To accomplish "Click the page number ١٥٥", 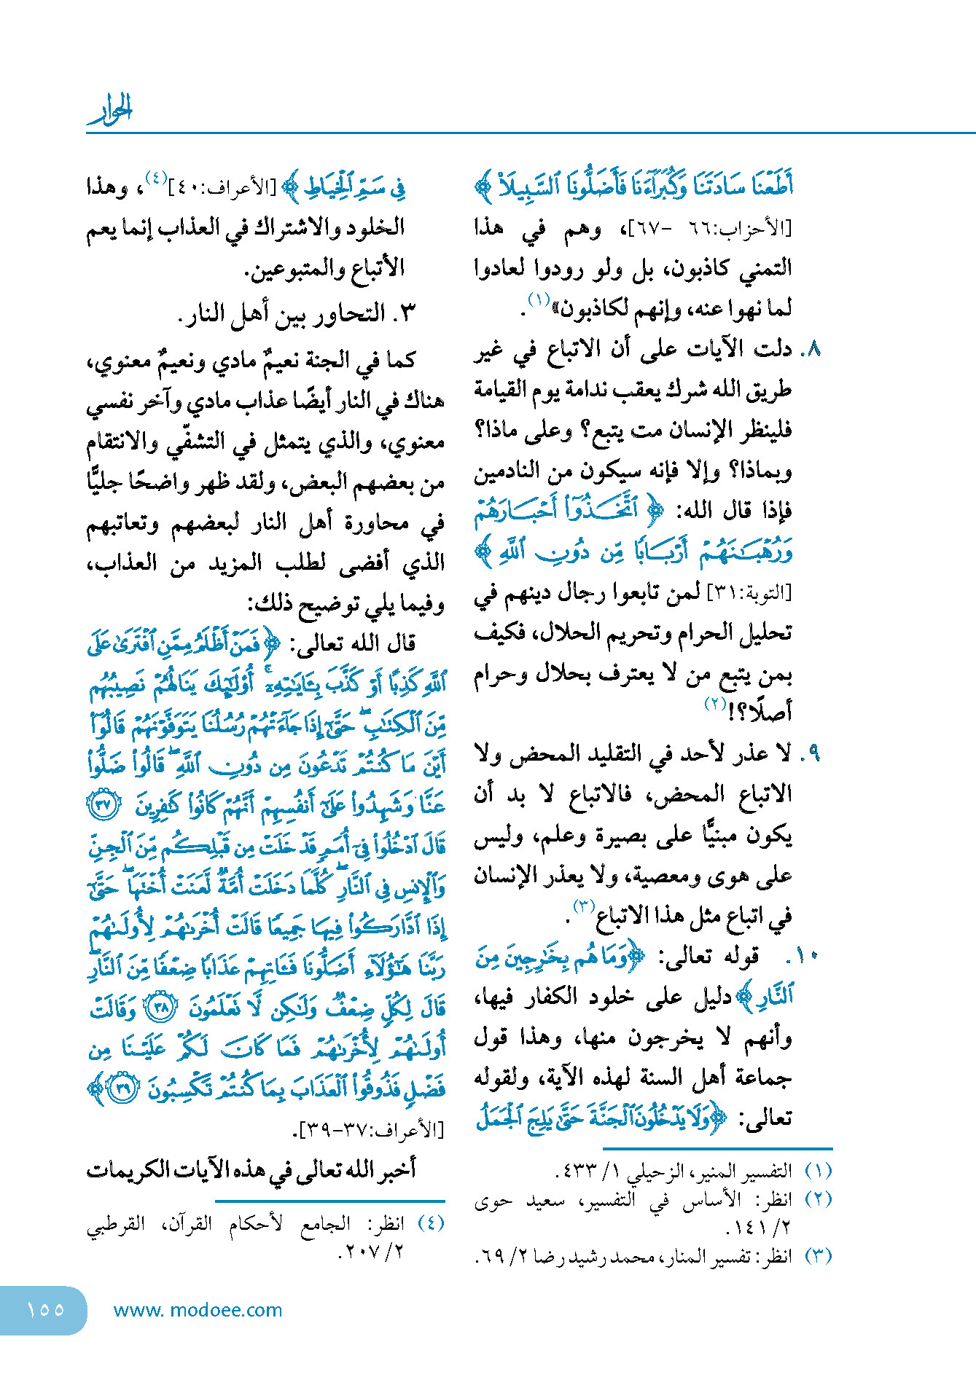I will [45, 1309].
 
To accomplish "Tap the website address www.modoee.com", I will [198, 1310].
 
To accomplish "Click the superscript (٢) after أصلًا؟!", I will [716, 704].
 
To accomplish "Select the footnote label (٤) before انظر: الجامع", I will [431, 1223].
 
